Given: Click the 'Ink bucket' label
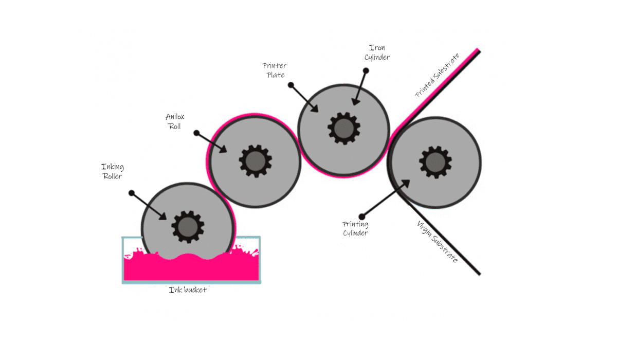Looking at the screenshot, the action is [188, 290].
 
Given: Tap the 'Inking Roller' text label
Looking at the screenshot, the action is [113, 171].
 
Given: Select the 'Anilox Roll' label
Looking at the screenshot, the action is [175, 121].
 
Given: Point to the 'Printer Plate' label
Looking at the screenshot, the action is [275, 70].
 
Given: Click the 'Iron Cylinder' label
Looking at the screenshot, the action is [377, 52].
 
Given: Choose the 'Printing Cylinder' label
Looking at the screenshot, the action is [355, 229].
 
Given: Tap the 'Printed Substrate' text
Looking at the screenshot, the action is [437, 75].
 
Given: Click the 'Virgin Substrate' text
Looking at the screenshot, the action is [437, 242].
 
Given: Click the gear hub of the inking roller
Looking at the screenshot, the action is [188, 227].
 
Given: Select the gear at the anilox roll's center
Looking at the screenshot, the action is [256, 161].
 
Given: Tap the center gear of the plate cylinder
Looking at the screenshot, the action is [344, 129].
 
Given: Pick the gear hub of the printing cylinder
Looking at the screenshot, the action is [435, 162].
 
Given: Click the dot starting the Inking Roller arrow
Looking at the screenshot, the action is [132, 193].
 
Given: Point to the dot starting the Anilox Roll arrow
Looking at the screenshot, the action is [196, 133].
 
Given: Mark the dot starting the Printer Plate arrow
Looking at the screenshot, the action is [291, 85].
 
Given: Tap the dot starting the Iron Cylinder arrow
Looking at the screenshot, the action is [366, 71].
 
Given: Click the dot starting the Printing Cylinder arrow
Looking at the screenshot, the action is [362, 217].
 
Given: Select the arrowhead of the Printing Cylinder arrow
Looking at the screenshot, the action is [406, 184].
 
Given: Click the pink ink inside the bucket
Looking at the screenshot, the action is [191, 270].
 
